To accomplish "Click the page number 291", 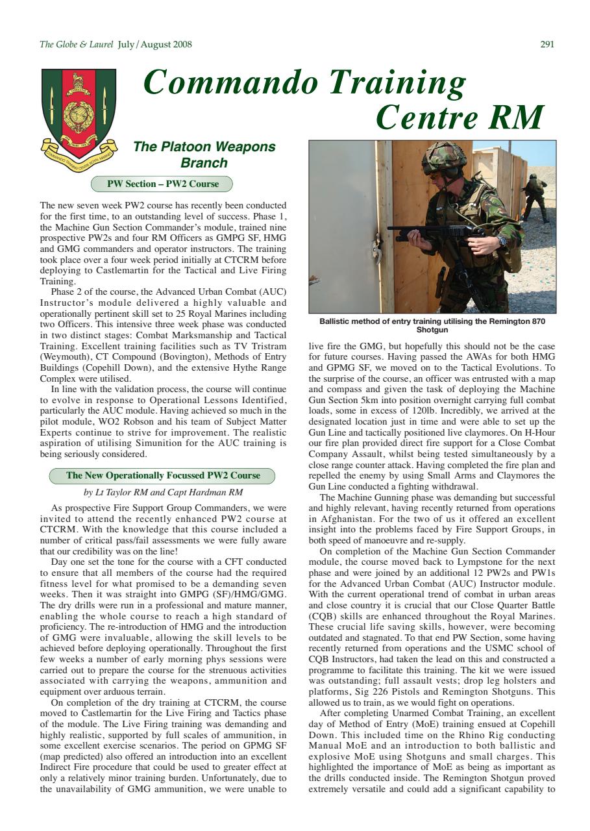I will click(547, 45).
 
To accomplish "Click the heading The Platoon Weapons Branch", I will click(204, 155).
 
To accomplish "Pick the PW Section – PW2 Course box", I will click(162, 184).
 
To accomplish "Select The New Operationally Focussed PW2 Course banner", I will click(162, 475).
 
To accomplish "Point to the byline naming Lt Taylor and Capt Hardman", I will click(163, 492).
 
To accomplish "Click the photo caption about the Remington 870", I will click(432, 325).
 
